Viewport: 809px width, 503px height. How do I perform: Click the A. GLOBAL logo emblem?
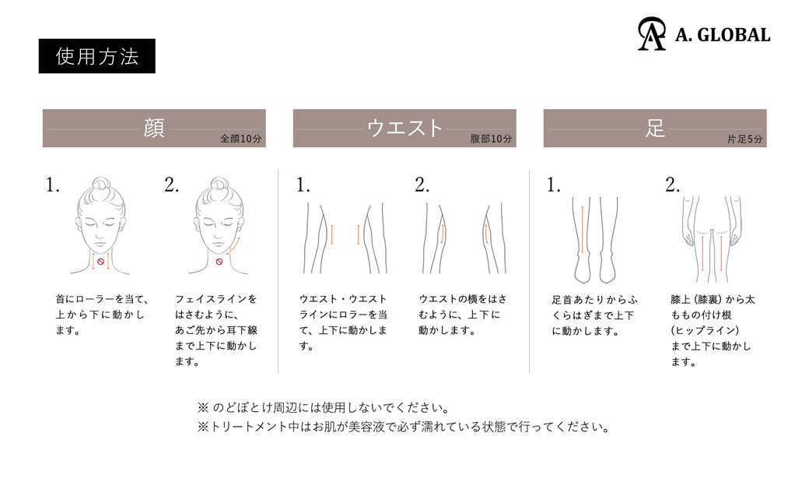tap(652, 34)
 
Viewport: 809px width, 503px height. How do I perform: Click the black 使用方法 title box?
tap(97, 56)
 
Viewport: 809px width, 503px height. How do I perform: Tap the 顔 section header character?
tap(154, 128)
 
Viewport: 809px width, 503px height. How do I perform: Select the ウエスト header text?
tap(404, 128)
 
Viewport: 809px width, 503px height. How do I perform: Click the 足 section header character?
tap(655, 128)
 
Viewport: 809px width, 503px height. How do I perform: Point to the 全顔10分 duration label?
tap(241, 139)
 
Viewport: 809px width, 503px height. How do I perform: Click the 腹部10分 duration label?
tap(491, 139)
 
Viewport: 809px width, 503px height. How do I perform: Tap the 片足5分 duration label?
tap(744, 139)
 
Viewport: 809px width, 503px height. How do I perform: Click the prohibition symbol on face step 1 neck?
tap(100, 262)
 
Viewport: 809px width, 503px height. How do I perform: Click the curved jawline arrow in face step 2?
tap(233, 247)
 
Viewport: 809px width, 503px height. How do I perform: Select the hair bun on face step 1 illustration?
tap(101, 185)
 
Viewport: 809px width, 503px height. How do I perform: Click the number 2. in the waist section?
tap(422, 185)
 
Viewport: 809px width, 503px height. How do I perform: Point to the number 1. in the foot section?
tap(554, 185)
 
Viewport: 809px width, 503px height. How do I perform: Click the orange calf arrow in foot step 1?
tap(583, 230)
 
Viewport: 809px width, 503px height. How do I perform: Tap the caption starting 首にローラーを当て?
tap(102, 315)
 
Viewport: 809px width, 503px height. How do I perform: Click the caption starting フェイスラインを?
tap(216, 330)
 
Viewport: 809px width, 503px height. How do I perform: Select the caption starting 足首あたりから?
tap(594, 315)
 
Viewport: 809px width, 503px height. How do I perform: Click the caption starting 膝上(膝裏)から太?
tap(713, 330)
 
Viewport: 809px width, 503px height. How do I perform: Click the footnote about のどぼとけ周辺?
tap(323, 407)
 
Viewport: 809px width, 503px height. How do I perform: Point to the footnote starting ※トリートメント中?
tap(404, 427)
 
